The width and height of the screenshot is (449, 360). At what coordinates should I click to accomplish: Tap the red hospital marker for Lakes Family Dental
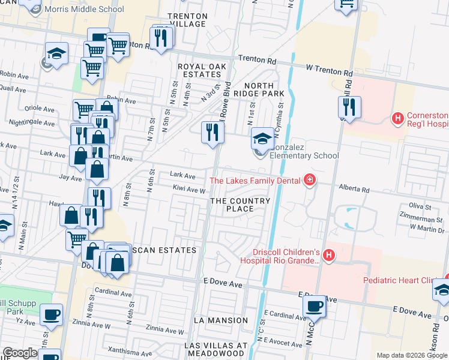pyautogui.click(x=309, y=179)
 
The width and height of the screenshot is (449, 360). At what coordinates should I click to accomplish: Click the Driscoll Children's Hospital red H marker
pyautogui.click(x=328, y=256)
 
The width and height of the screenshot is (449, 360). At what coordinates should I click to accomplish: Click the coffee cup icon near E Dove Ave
pyautogui.click(x=315, y=307)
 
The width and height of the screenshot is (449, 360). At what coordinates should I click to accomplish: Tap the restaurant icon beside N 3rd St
pyautogui.click(x=212, y=132)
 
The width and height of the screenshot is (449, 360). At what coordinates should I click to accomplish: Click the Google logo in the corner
pyautogui.click(x=20, y=353)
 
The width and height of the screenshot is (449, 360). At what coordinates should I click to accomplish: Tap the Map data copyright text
pyautogui.click(x=411, y=355)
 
